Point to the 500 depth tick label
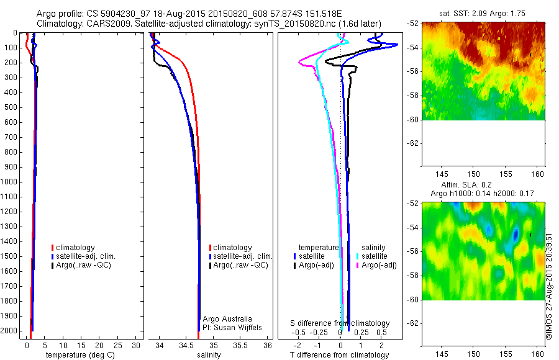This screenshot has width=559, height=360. (x=10, y=107)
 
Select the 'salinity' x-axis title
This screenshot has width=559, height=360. (x=209, y=355)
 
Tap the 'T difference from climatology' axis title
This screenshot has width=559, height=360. (x=339, y=355)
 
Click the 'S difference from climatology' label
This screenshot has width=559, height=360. (x=340, y=323)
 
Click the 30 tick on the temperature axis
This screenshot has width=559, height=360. (x=137, y=345)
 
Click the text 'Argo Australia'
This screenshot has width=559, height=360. (x=227, y=319)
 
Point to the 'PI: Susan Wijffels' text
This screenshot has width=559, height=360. (x=230, y=327)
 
